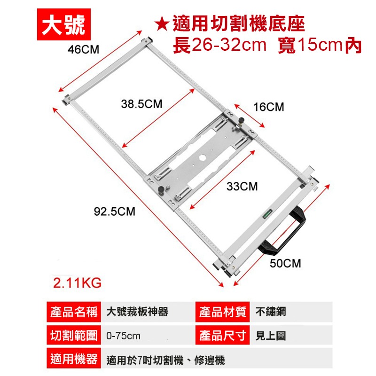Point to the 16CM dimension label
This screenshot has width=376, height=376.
click(268, 107)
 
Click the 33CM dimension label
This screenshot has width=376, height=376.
click(242, 187)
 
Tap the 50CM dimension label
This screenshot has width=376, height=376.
click(285, 263)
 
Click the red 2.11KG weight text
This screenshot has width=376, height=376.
click(77, 284)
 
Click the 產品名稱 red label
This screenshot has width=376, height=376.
click(72, 312)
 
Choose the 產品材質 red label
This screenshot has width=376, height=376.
click(223, 312)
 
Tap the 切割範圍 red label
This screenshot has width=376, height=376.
click(72, 336)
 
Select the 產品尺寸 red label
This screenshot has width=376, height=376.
click(223, 336)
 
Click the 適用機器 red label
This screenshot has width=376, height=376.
click(72, 360)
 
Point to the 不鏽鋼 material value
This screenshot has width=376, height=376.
click(271, 312)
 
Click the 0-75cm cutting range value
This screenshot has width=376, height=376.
click(123, 336)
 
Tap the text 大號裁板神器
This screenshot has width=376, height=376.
click(137, 312)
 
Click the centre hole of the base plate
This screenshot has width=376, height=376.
click(203, 157)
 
